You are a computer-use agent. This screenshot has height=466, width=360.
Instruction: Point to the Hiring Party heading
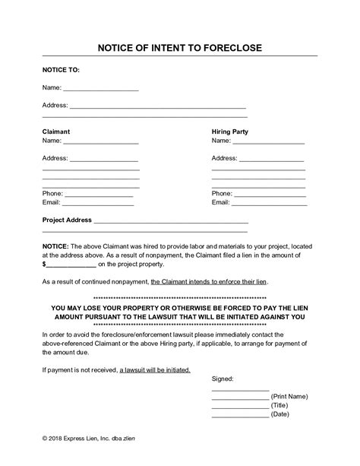coord(229,132)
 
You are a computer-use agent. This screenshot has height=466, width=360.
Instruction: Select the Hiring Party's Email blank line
coord(269,204)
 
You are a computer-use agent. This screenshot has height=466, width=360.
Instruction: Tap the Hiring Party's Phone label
coord(222,194)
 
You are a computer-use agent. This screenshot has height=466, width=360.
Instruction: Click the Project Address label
coord(67,220)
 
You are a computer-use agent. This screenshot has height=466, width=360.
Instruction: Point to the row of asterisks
coord(179,298)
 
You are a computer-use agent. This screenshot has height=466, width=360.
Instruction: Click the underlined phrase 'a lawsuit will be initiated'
coord(155,370)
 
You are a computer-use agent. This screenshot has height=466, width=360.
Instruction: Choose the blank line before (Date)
coord(240,415)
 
